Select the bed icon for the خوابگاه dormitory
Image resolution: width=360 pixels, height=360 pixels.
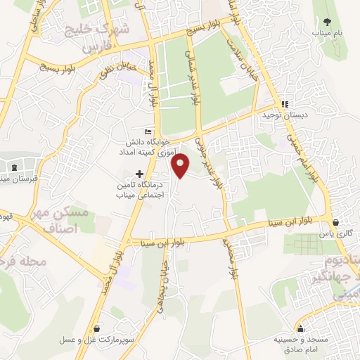point(147,131)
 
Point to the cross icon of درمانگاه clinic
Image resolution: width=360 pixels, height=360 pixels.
point(140,173)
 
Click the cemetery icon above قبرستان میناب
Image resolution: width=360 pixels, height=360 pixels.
point(15,167)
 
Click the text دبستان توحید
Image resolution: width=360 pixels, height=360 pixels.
point(281,115)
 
